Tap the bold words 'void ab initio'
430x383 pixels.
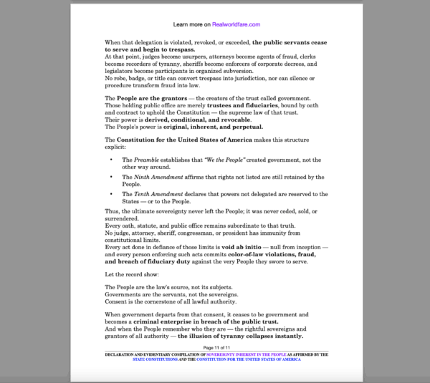[242, 246]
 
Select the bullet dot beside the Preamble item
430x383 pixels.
[111, 160]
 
